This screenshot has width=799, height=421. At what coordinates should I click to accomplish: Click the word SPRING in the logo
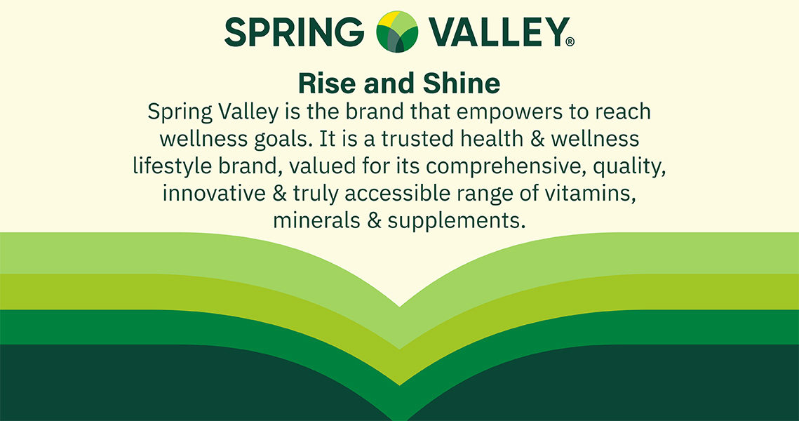pyautogui.click(x=295, y=32)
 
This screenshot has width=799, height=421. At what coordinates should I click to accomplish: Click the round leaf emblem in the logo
pyautogui.click(x=397, y=32)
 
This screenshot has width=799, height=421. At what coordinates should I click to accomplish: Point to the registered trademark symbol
pyautogui.click(x=570, y=42)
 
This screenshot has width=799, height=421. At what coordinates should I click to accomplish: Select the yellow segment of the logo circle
pyautogui.click(x=389, y=20)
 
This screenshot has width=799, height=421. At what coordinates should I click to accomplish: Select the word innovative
pyautogui.click(x=214, y=194)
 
